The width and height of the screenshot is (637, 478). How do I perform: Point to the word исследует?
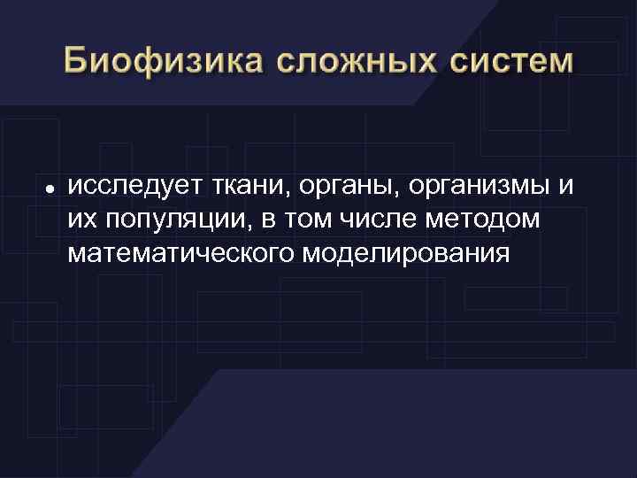(133, 188)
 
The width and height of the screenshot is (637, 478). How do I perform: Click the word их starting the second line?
(81, 221)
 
